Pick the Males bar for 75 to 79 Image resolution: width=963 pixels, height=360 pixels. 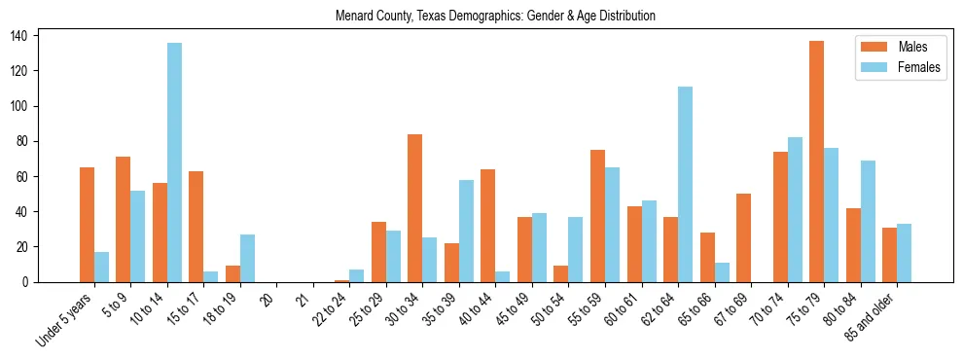pos(816,162)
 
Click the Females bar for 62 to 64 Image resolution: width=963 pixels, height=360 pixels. pos(685,184)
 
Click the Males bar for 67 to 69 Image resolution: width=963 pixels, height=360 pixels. pos(743,237)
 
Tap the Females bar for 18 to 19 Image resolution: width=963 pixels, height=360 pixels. pos(247,258)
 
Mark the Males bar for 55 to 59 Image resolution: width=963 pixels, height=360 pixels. pos(597,216)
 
